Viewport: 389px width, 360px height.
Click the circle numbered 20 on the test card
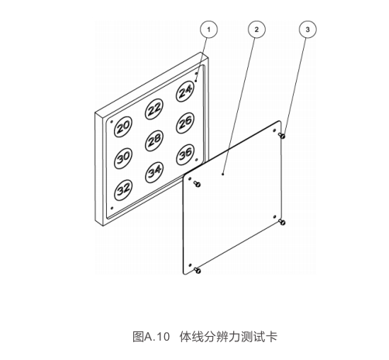coord(123,126)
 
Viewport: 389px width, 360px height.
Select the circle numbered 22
coord(154,109)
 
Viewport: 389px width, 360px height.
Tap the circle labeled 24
coord(185,92)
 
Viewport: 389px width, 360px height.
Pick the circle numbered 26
coord(185,123)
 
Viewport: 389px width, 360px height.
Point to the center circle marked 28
coord(154,140)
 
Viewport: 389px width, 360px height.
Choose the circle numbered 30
coord(123,158)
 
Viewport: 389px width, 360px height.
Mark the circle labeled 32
coord(123,190)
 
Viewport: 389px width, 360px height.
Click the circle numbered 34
coord(154,172)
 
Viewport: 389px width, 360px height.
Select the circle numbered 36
coord(185,154)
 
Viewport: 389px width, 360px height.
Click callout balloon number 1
coord(208,29)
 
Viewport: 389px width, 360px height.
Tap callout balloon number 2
coord(256,29)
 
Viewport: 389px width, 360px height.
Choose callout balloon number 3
coord(308,29)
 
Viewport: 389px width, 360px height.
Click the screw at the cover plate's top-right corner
coord(282,136)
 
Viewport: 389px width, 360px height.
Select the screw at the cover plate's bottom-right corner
coord(282,222)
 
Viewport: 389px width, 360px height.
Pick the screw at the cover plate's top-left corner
coord(197,184)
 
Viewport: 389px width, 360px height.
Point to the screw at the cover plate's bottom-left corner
coord(198,271)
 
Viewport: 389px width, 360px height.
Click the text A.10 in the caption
coord(157,337)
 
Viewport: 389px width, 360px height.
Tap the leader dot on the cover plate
coord(223,174)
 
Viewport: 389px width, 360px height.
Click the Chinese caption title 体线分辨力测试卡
coord(229,337)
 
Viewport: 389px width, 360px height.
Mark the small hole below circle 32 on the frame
coord(112,208)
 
